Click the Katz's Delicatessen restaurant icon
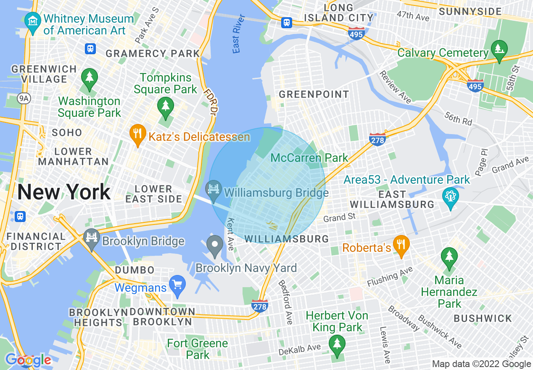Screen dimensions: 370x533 click(x=137, y=134)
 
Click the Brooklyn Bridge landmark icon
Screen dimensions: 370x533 click(x=91, y=238)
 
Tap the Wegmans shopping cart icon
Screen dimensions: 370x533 click(x=177, y=285)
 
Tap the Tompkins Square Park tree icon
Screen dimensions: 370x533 click(x=165, y=106)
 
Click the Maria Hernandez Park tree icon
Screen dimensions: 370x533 click(x=449, y=257)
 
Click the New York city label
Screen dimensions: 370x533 click(x=64, y=192)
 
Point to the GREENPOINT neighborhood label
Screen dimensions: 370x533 click(x=314, y=94)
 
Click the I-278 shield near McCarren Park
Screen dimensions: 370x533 click(x=377, y=140)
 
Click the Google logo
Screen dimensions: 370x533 click(x=28, y=360)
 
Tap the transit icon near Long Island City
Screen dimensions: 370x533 click(x=287, y=22)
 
